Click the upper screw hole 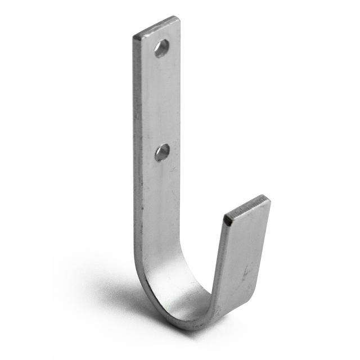(x=162, y=48)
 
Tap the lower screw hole (x=163, y=152)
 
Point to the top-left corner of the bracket (x=134, y=38)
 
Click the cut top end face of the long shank (x=157, y=27)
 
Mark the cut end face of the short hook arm (x=247, y=206)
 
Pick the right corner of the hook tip (x=269, y=199)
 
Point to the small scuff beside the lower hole (x=174, y=169)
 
